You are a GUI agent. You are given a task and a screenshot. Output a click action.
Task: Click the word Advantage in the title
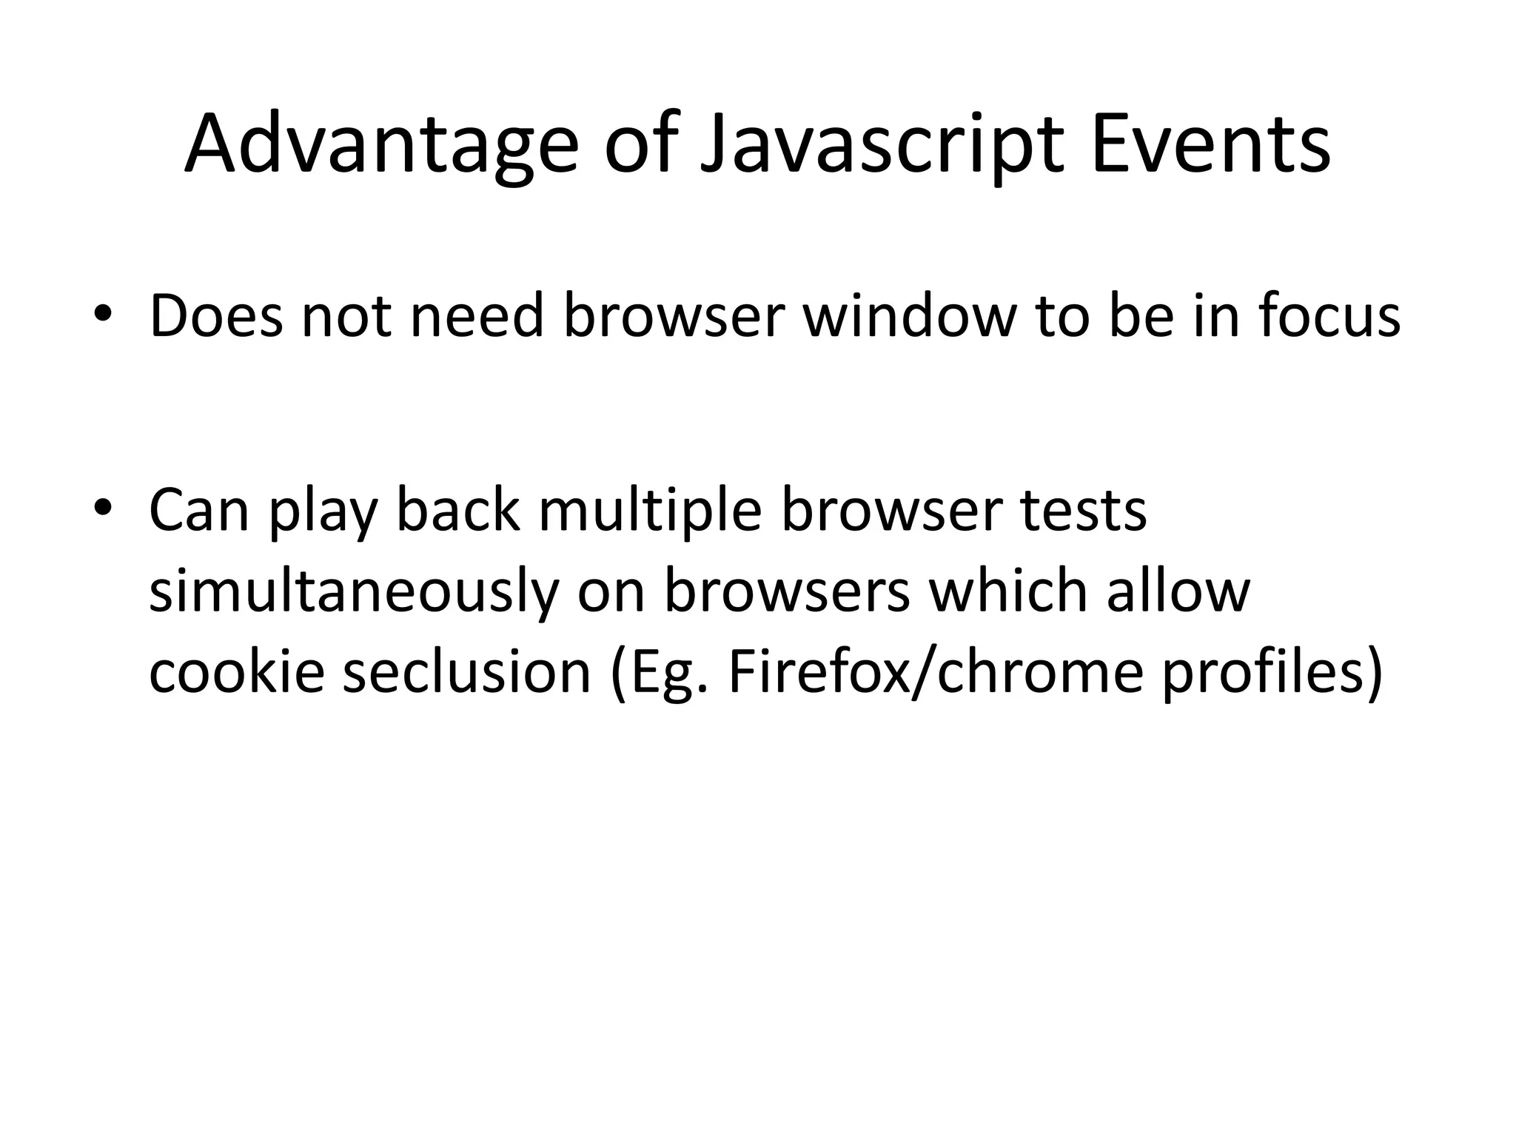point(381,144)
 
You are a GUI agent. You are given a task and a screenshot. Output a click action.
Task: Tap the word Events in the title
point(1210,144)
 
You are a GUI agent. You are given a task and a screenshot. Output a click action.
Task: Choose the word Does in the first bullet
point(215,316)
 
